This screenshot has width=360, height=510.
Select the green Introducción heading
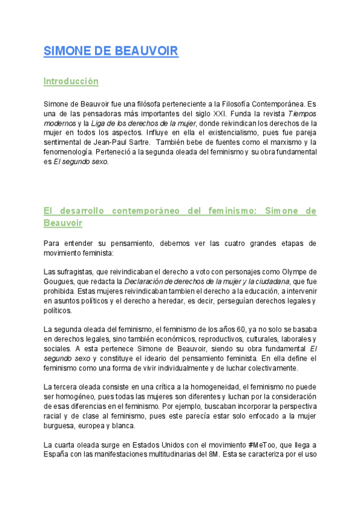coord(71,81)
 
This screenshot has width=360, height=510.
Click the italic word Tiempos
coord(302,114)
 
